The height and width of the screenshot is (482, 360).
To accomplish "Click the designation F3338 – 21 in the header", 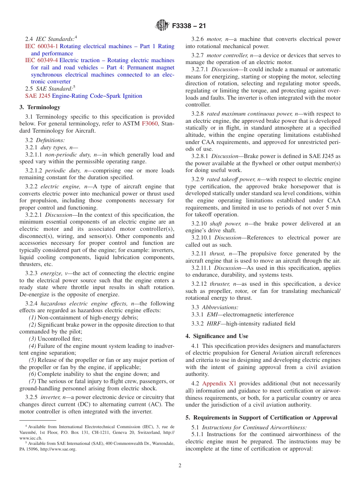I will click(x=189, y=26).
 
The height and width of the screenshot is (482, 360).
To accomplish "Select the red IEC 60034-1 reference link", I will click(x=42, y=46).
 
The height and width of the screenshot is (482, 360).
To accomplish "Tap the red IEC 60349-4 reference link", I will click(x=42, y=60).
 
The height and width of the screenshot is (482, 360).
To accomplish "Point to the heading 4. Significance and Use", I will click(x=217, y=336).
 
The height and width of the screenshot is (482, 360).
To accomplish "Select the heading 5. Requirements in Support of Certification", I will click(x=261, y=418).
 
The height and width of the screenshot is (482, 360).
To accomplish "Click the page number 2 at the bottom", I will click(x=180, y=466).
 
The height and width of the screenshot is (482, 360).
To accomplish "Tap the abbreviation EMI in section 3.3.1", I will click(x=212, y=315).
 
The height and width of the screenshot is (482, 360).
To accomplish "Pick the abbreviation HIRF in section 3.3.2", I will click(x=214, y=324).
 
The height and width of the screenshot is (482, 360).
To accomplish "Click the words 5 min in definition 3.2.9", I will click(x=334, y=208).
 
